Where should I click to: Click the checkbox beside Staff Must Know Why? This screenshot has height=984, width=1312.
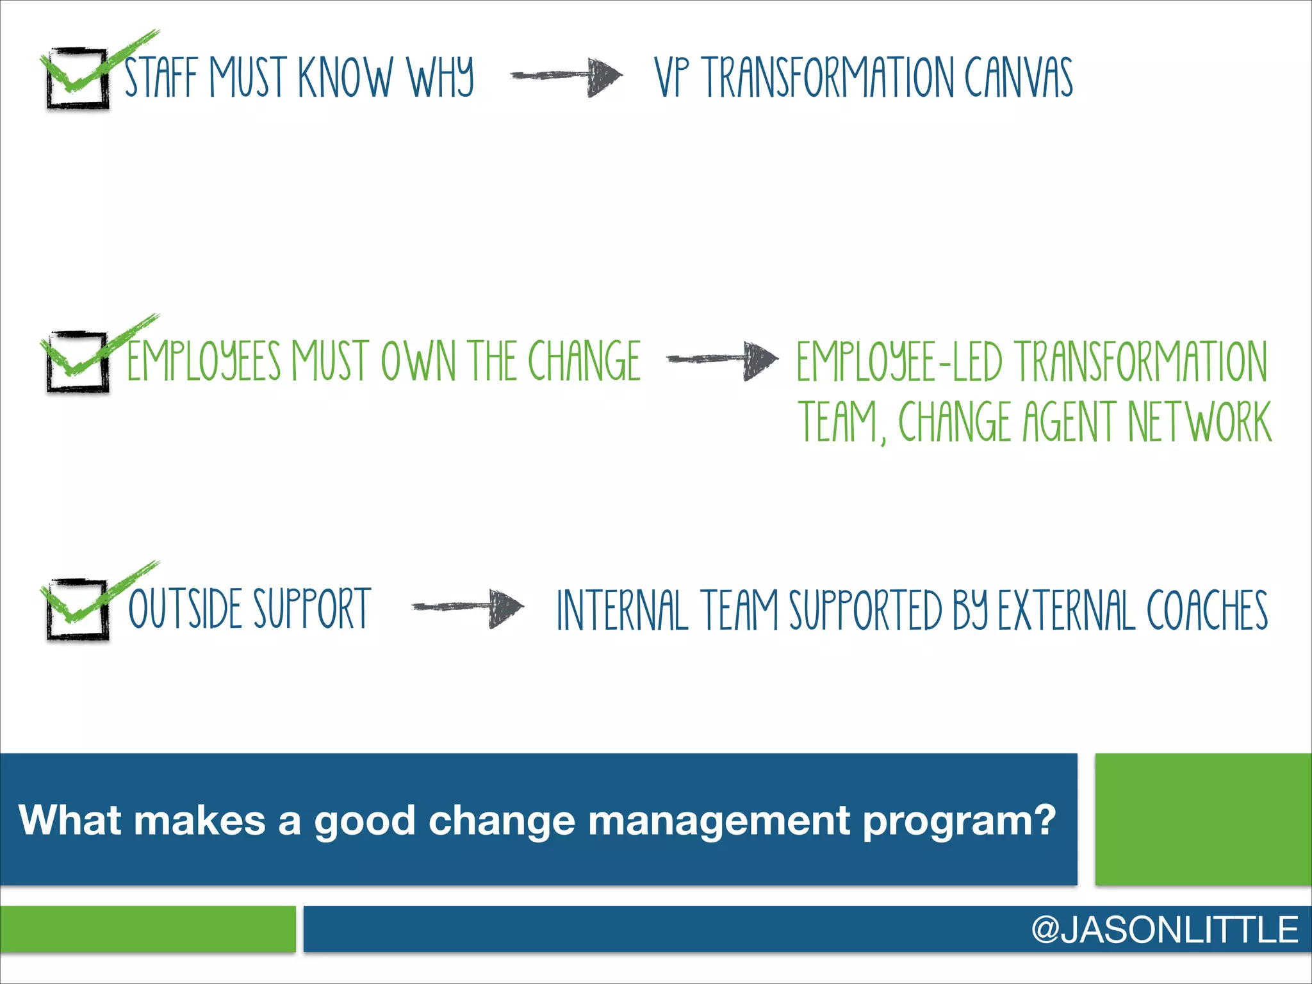click(x=77, y=78)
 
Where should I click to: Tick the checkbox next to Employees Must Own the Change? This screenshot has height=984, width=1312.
click(x=77, y=362)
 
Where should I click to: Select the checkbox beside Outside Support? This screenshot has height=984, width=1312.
click(x=77, y=609)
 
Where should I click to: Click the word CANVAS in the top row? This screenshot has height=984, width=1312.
click(x=1019, y=78)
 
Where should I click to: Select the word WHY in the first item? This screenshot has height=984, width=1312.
click(x=441, y=78)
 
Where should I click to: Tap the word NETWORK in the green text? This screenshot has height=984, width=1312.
click(x=1199, y=421)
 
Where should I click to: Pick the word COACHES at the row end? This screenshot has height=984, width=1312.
click(x=1207, y=610)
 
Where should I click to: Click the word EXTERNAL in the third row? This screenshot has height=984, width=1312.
click(x=1066, y=610)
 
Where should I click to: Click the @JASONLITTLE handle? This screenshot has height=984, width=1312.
click(x=1165, y=930)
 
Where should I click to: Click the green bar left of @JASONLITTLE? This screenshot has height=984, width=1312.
click(x=147, y=929)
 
